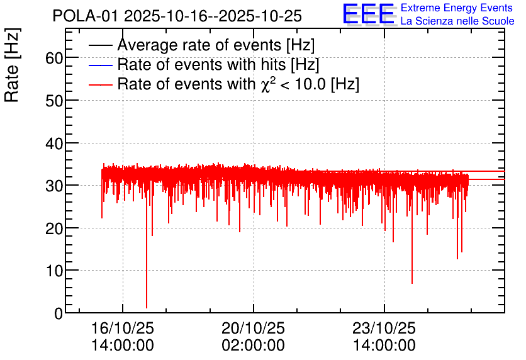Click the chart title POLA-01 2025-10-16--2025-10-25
(x=177, y=16)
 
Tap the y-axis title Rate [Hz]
(x=12, y=65)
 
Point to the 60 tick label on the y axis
(x=54, y=58)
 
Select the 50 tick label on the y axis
(x=54, y=100)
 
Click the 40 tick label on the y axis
(x=54, y=143)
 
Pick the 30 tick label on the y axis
(x=54, y=186)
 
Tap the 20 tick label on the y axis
(x=54, y=228)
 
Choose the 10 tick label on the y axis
(x=54, y=271)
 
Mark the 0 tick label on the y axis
(x=59, y=313)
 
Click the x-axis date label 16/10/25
(x=123, y=328)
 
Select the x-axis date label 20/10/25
(x=254, y=328)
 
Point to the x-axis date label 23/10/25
(x=384, y=328)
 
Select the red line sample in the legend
(x=100, y=84)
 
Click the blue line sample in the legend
(x=100, y=65)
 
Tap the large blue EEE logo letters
(x=368, y=14)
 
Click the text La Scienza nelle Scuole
(x=457, y=21)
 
